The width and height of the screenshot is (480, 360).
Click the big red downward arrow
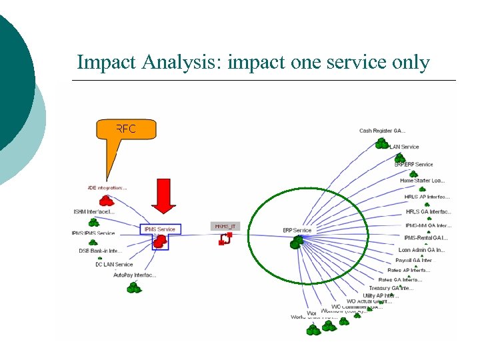pyautogui.click(x=163, y=195)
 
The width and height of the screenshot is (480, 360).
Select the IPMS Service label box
pyautogui.click(x=160, y=229)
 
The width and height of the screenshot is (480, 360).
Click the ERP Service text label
pyautogui.click(x=297, y=231)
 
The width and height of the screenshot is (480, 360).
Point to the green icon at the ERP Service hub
pyautogui.click(x=297, y=243)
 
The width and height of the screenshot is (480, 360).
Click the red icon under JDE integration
pyautogui.click(x=106, y=200)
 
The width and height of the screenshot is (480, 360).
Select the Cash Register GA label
pyautogui.click(x=382, y=131)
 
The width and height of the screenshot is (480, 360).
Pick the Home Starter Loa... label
pyautogui.click(x=422, y=181)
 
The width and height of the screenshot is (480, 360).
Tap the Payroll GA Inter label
pyautogui.click(x=413, y=261)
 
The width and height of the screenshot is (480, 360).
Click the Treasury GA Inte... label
pyautogui.click(x=391, y=288)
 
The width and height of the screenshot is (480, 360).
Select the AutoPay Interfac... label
pyautogui.click(x=135, y=275)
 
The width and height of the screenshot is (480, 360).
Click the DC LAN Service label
pyautogui.click(x=113, y=264)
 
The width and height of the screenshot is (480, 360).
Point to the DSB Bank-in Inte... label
pyautogui.click(x=100, y=251)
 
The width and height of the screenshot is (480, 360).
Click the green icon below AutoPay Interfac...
pyautogui.click(x=135, y=287)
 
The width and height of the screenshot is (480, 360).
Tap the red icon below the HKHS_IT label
pyautogui.click(x=223, y=239)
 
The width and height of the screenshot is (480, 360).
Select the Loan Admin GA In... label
pyautogui.click(x=421, y=250)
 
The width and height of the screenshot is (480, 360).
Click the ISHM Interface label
pyautogui.click(x=94, y=212)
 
